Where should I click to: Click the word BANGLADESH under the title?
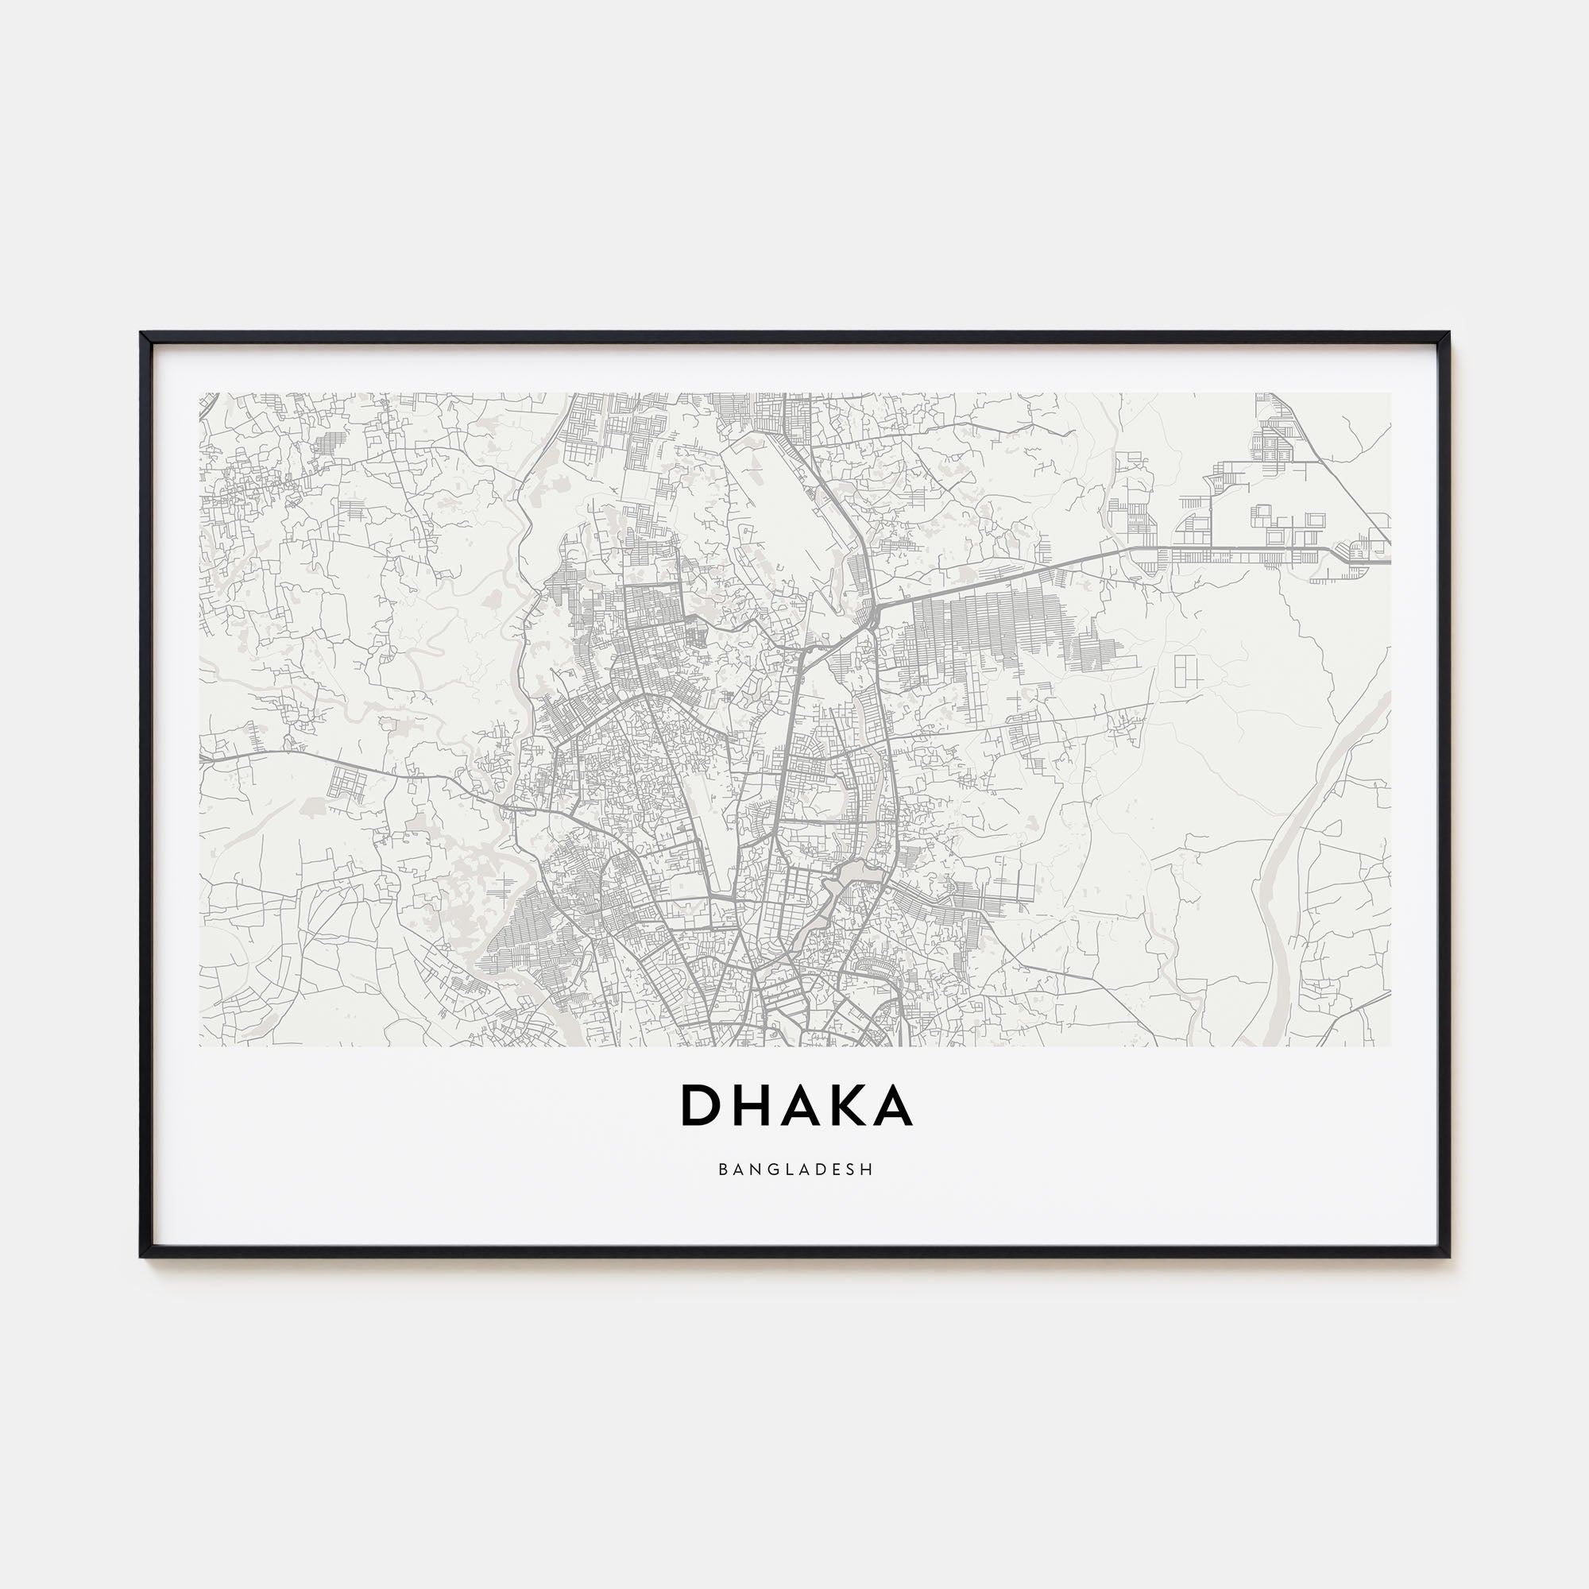coord(794,1168)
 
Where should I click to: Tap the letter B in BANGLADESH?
coord(722,1168)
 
